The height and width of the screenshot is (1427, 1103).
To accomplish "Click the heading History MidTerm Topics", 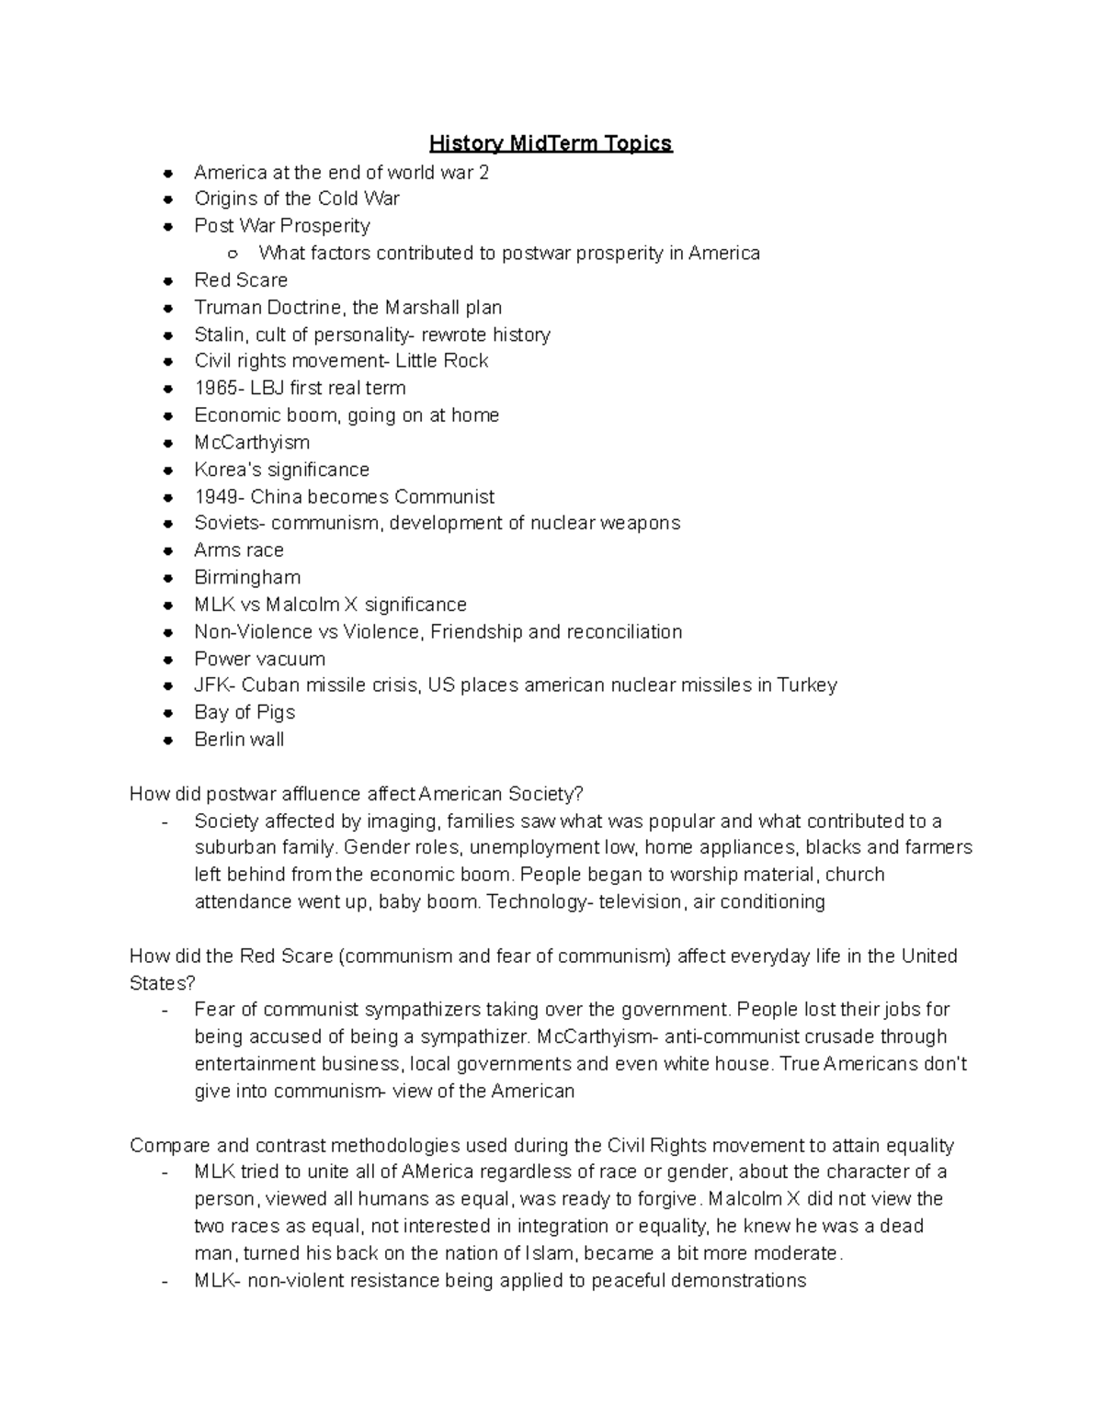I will [551, 143].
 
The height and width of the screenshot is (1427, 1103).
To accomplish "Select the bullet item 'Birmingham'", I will [247, 577].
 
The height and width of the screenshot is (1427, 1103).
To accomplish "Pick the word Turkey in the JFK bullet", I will [806, 685].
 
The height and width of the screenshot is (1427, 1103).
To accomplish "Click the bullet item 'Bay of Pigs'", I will [244, 712].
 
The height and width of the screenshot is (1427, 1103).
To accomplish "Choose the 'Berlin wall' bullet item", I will [239, 740].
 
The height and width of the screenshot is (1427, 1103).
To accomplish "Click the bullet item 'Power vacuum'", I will [259, 659].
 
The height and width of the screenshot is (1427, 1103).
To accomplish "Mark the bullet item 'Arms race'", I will [239, 550].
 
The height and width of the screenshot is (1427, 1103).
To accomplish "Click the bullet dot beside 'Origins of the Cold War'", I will [167, 199].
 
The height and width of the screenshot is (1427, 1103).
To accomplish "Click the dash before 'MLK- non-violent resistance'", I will [165, 1281].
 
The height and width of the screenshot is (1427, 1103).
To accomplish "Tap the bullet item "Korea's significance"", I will [281, 470].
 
